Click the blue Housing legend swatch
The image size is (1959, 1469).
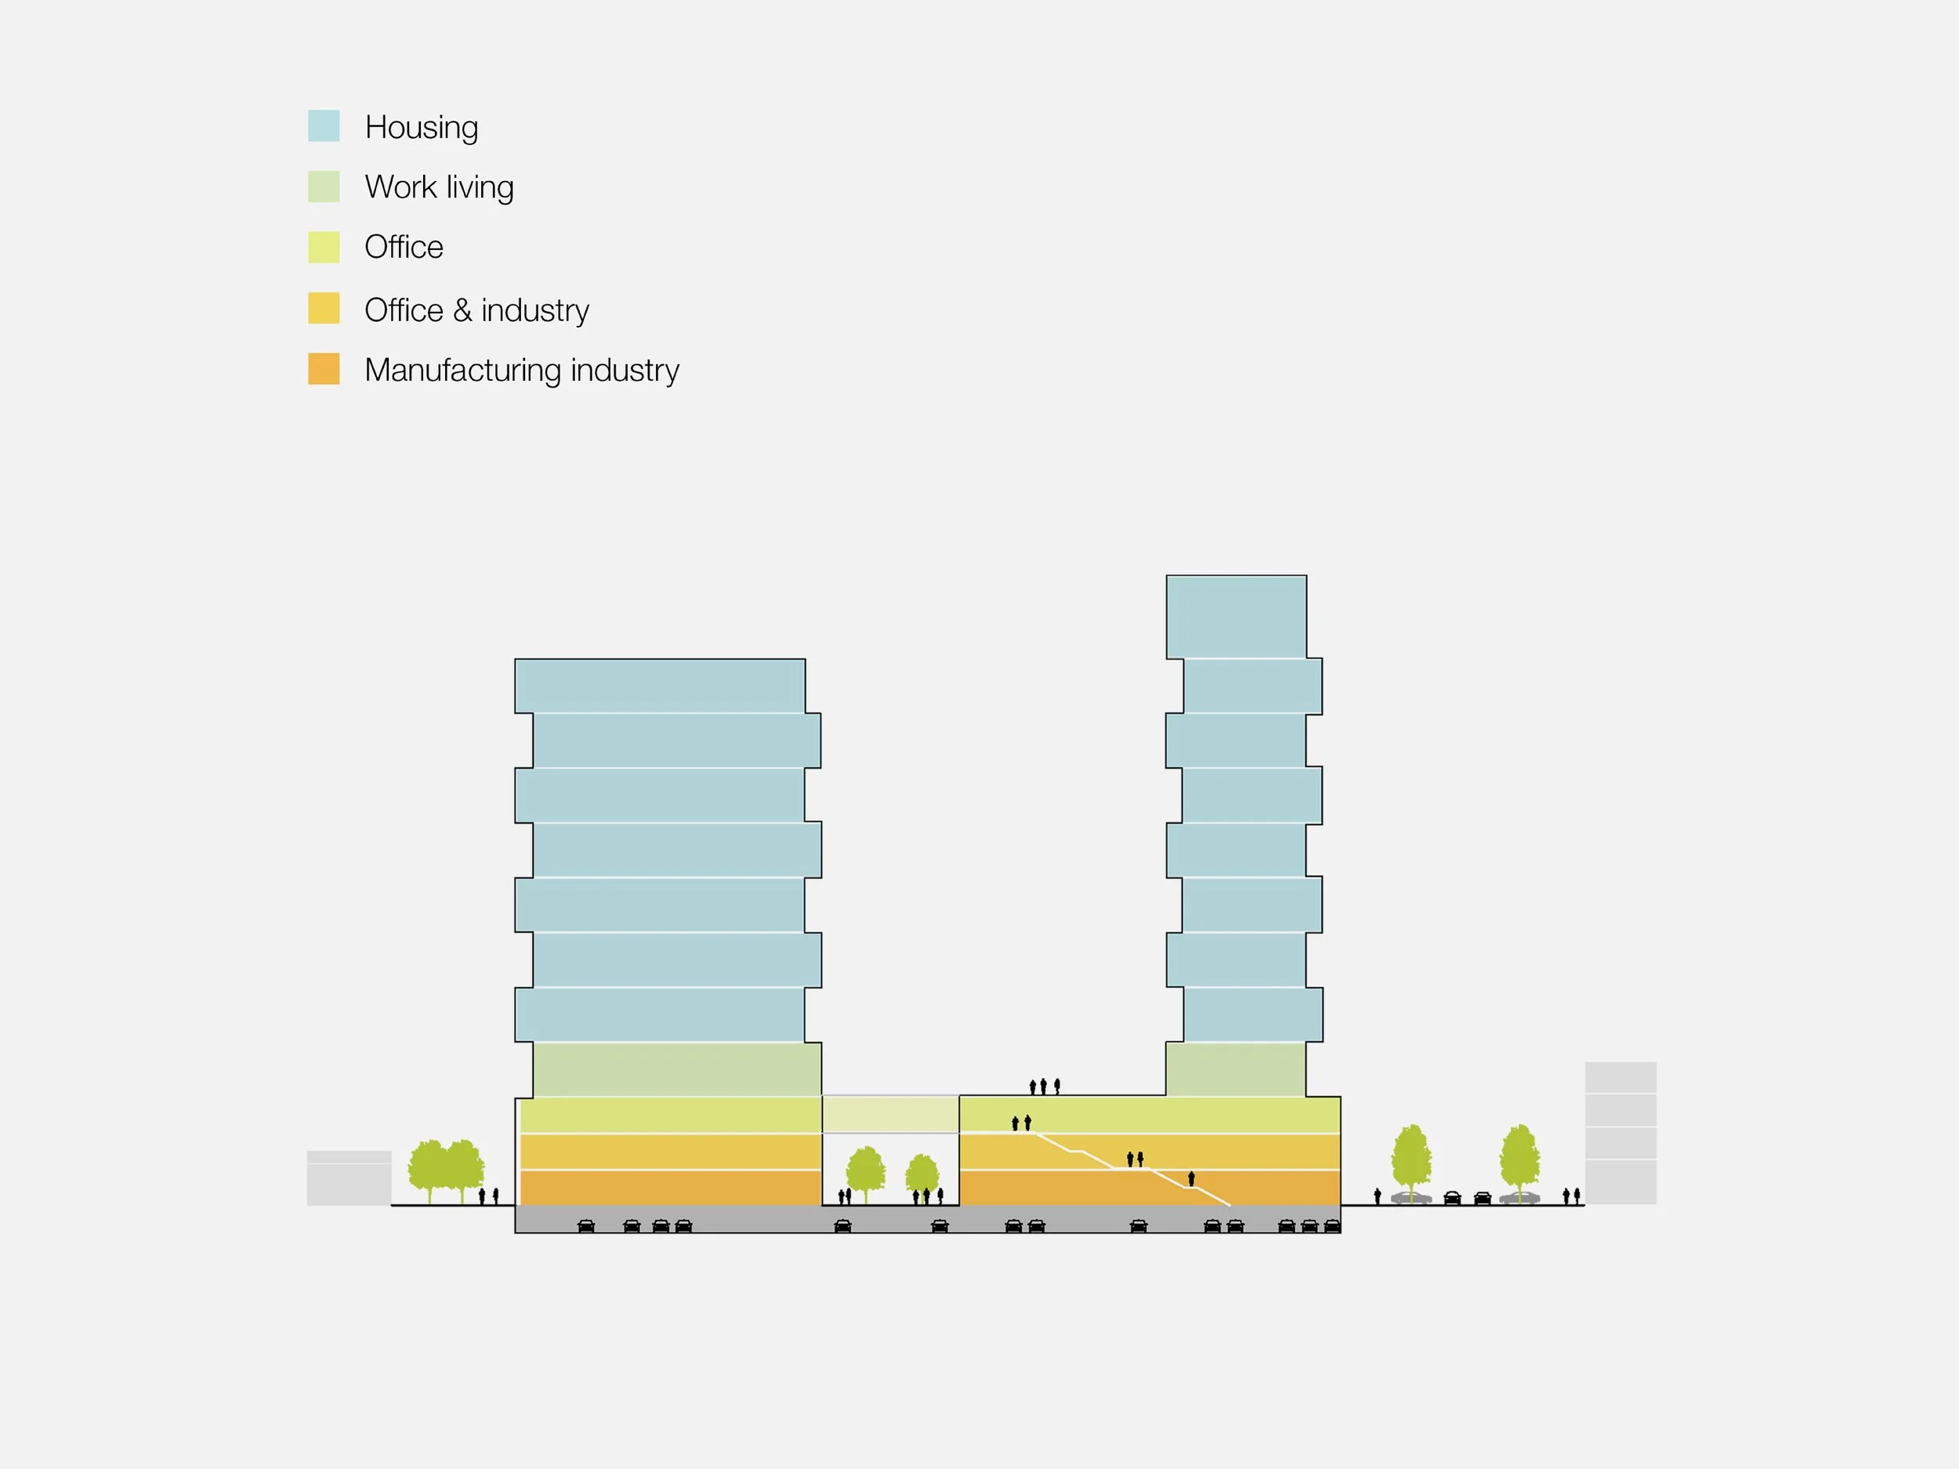pyautogui.click(x=324, y=125)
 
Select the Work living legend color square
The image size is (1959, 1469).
pyautogui.click(x=324, y=186)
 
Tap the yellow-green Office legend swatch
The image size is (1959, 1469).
pyautogui.click(x=324, y=247)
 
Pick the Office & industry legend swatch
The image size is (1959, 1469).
pyautogui.click(x=324, y=308)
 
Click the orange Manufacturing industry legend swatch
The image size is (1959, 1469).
pyautogui.click(x=324, y=368)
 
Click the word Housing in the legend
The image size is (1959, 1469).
pyautogui.click(x=422, y=128)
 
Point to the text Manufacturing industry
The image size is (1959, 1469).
pyautogui.click(x=522, y=370)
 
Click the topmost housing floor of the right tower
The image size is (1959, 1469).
pyautogui.click(x=1236, y=617)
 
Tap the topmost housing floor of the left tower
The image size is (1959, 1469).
pyautogui.click(x=660, y=686)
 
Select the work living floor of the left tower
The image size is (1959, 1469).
pyautogui.click(x=676, y=1069)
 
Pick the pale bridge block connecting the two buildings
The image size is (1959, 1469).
pyautogui.click(x=890, y=1114)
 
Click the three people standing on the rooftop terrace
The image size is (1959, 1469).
pyautogui.click(x=1045, y=1086)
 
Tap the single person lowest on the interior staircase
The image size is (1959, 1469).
pyautogui.click(x=1191, y=1178)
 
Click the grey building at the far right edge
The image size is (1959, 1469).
pyautogui.click(x=1620, y=1133)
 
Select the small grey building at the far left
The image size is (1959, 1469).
pyautogui.click(x=349, y=1178)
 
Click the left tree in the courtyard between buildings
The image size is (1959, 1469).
pyautogui.click(x=865, y=1171)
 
